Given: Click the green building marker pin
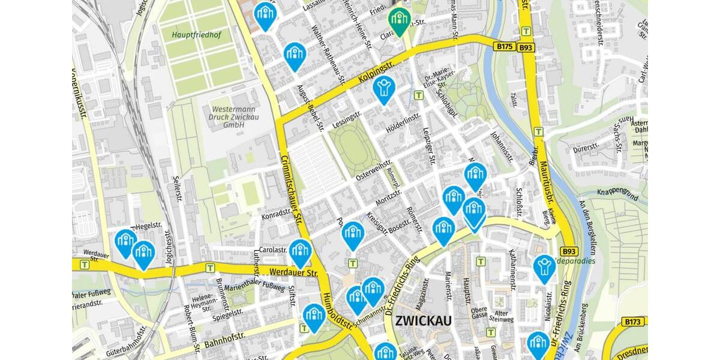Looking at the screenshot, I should coord(398,20).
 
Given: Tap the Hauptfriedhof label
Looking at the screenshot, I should coord(196,35).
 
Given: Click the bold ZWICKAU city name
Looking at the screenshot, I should coord(423,321).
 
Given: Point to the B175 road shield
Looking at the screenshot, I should coord(503,46).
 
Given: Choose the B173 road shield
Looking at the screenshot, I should coord(634,322).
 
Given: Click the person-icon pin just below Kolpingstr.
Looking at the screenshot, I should coord(383,88).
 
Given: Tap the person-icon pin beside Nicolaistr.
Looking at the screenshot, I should coord(544,267).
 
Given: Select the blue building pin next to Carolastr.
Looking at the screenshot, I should coord(300,251).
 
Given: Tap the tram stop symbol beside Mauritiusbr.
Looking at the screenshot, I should coord(538,132).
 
